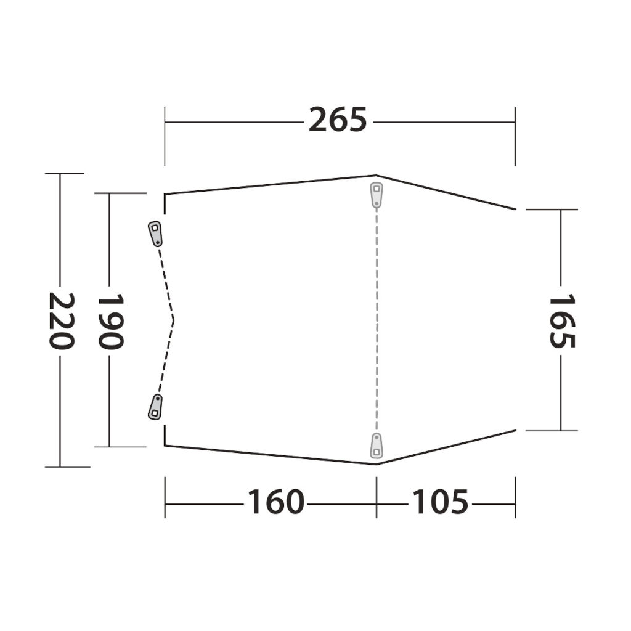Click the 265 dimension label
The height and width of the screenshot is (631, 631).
click(338, 120)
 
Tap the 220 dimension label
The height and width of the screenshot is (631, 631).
click(62, 320)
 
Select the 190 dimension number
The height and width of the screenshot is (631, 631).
click(111, 320)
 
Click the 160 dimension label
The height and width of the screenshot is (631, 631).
click(275, 502)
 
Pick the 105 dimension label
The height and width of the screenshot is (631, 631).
click(440, 502)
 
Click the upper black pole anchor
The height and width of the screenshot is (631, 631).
click(155, 234)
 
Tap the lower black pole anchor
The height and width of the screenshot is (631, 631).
click(155, 407)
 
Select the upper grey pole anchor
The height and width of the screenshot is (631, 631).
click(377, 195)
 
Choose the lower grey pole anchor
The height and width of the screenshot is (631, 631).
click(377, 446)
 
